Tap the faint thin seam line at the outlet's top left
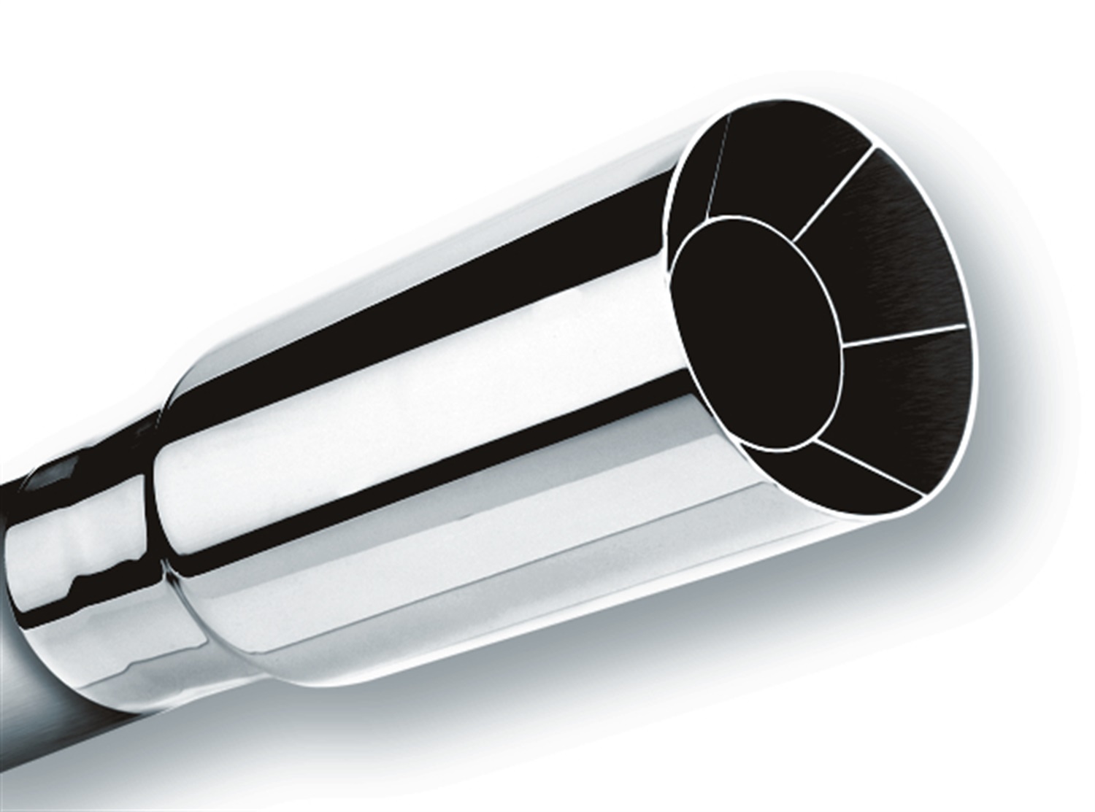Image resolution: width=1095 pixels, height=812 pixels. pos(718,165)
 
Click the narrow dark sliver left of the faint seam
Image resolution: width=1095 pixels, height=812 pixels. pos(690,182)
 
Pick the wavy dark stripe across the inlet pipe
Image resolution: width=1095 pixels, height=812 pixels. pos(80,584)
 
